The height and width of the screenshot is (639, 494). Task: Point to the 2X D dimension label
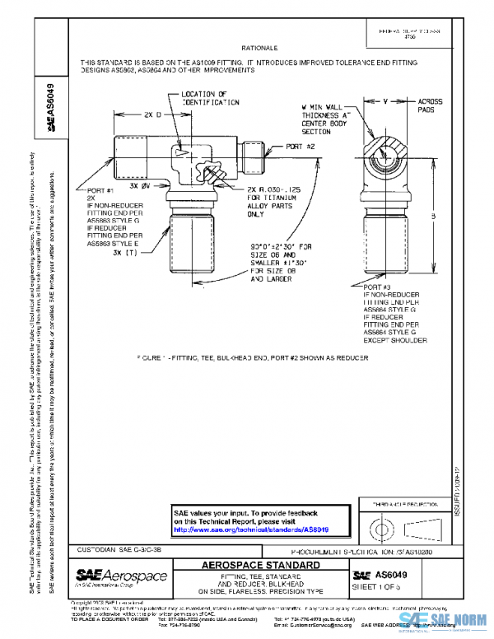point(153,115)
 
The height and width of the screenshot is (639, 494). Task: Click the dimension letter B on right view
point(431,217)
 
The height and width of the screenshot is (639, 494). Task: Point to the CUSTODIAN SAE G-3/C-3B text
point(119,548)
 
